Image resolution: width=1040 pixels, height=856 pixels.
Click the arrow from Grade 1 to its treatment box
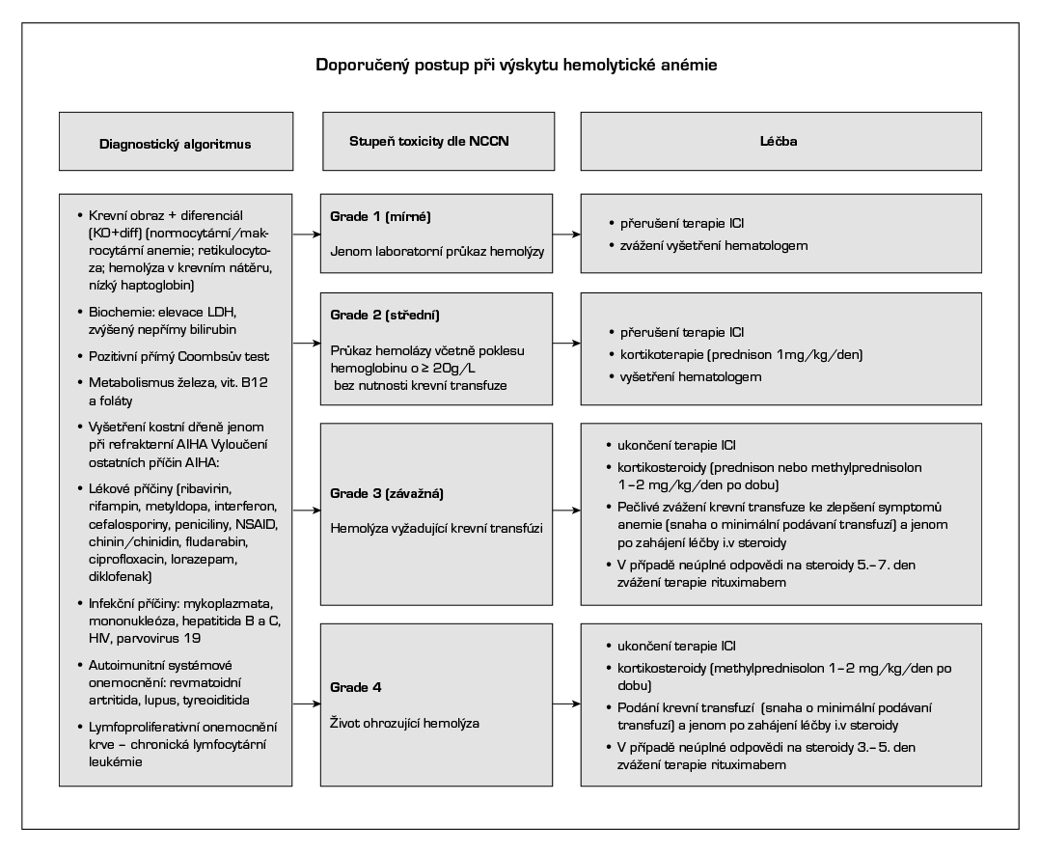click(x=564, y=234)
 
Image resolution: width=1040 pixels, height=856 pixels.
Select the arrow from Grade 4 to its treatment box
click(x=564, y=704)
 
